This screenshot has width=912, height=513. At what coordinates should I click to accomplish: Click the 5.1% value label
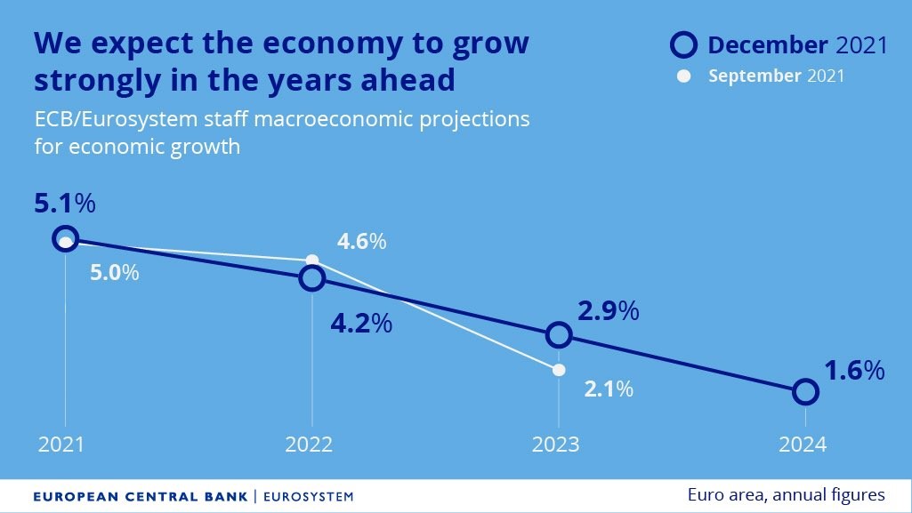pyautogui.click(x=64, y=204)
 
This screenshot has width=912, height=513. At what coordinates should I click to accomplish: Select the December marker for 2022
pyautogui.click(x=311, y=278)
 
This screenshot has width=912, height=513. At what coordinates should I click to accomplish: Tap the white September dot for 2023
pyautogui.click(x=559, y=369)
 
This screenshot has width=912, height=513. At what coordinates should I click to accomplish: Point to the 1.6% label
pyautogui.click(x=854, y=370)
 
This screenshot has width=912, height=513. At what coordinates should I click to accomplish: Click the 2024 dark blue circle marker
pyautogui.click(x=805, y=391)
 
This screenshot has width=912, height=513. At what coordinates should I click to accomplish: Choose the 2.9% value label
pyautogui.click(x=609, y=311)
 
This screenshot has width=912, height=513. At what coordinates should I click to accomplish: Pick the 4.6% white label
pyautogui.click(x=360, y=241)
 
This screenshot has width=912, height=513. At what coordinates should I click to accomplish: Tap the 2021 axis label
pyautogui.click(x=61, y=445)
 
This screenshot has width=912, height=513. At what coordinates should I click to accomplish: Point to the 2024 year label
pyautogui.click(x=803, y=445)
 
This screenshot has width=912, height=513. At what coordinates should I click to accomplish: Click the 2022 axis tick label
pyautogui.click(x=309, y=445)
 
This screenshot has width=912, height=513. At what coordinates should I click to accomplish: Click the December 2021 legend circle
pyautogui.click(x=684, y=44)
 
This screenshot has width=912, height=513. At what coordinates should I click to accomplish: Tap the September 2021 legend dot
pyautogui.click(x=683, y=76)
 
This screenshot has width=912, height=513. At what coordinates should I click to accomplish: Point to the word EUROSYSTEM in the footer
pyautogui.click(x=308, y=495)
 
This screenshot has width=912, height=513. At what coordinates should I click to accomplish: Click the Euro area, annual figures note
pyautogui.click(x=786, y=494)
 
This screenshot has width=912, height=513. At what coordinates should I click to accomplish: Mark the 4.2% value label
pyautogui.click(x=361, y=323)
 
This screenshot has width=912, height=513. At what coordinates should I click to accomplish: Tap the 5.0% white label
pyautogui.click(x=114, y=272)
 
